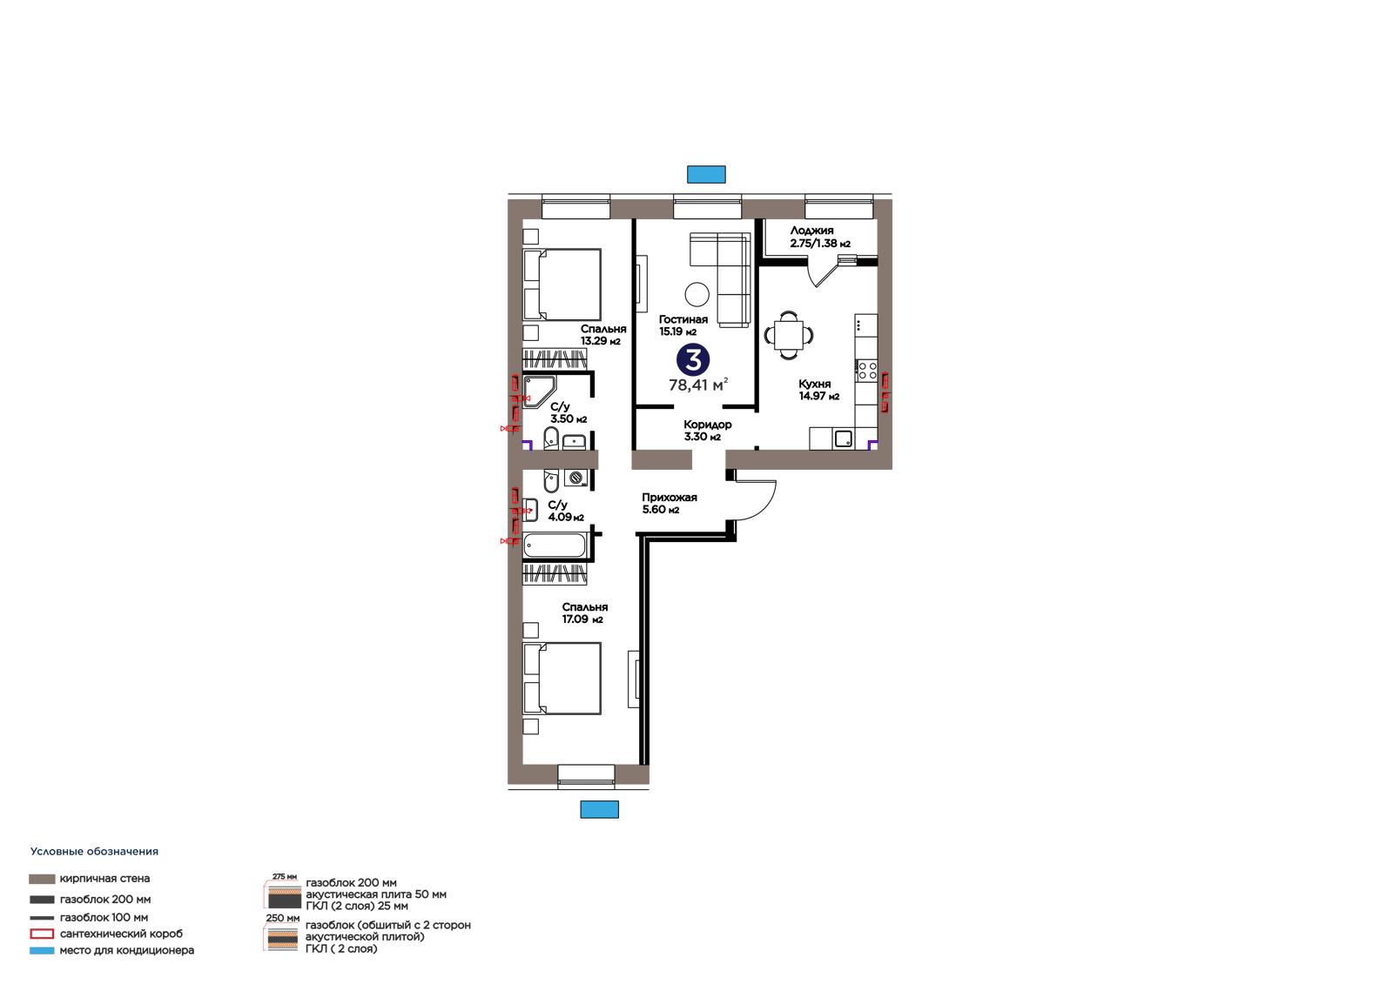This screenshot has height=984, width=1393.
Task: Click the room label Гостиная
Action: coord(683,319)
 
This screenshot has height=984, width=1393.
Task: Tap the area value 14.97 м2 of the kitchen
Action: coord(819,396)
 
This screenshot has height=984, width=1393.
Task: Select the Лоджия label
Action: coord(811,231)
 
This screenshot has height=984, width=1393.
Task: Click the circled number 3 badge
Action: coord(693,359)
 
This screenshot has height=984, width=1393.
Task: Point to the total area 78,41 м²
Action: coord(698,385)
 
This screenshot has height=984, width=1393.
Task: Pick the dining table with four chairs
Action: coord(789,335)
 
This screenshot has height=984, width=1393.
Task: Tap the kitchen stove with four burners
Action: coord(866,372)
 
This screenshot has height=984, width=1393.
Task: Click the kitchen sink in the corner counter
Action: coord(844,439)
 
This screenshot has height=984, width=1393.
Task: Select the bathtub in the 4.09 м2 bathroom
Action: coord(554,546)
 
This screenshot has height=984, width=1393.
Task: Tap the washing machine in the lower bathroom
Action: coord(575,478)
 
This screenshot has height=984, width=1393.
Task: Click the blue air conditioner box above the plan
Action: coord(706,175)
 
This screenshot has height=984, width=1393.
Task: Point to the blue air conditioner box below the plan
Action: coord(599,809)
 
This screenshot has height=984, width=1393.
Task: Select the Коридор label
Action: coord(707,425)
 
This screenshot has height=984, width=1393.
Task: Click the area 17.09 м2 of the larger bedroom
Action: coord(582,619)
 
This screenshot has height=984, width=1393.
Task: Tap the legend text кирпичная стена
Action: coord(104,879)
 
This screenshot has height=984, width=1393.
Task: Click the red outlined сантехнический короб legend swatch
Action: coord(42,934)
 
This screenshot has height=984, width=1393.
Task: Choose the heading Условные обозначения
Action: coord(94,852)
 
